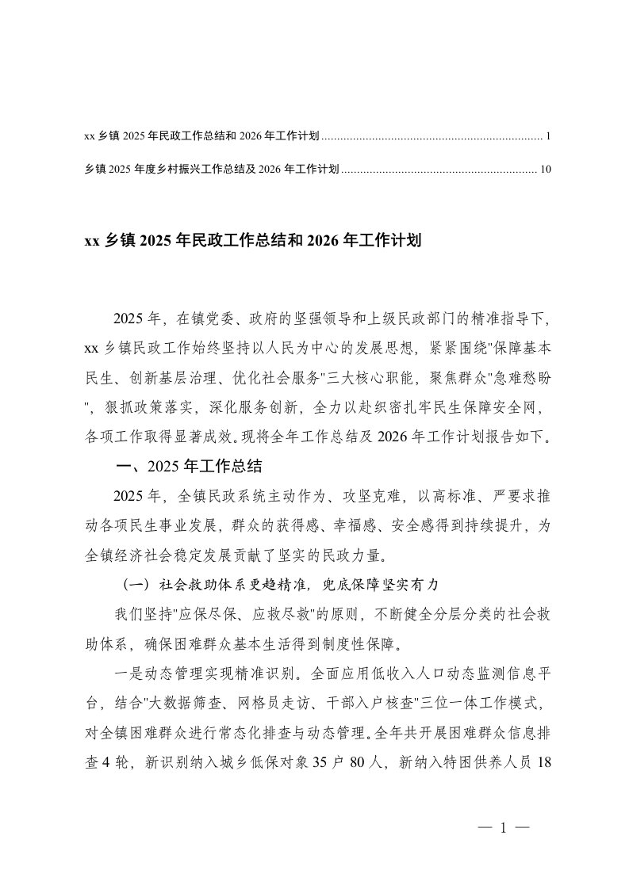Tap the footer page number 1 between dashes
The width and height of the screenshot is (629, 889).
tap(503, 830)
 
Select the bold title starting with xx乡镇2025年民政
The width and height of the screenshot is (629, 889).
tap(251, 240)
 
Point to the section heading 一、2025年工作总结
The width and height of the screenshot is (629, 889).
tap(189, 464)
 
